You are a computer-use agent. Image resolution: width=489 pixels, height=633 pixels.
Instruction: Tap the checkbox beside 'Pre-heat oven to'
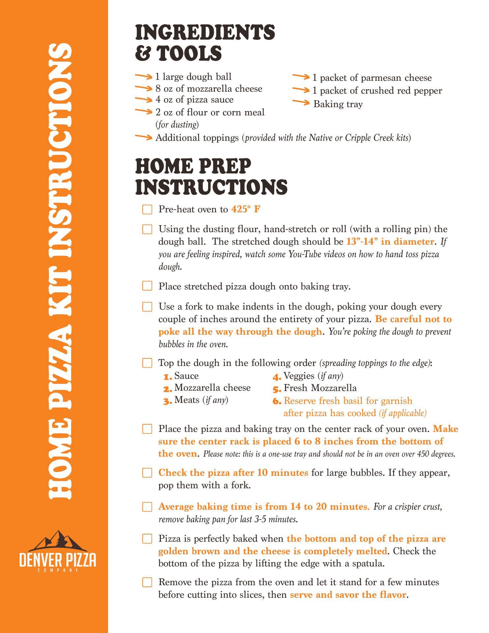[x=147, y=210]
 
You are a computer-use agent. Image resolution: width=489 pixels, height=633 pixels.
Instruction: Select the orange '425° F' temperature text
[x=246, y=209]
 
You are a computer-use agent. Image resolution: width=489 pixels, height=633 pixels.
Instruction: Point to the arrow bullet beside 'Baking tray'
[x=301, y=103]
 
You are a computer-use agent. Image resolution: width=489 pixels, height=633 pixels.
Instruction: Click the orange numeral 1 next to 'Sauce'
[x=168, y=377]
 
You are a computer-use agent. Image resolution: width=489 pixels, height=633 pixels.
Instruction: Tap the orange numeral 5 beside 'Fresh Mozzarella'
[x=277, y=389]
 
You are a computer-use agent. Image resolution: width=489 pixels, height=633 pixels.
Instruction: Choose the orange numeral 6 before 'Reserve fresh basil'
[x=277, y=402]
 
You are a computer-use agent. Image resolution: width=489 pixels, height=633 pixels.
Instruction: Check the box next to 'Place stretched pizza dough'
[x=147, y=286]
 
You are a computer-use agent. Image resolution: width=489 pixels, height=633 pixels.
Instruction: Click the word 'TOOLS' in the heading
[x=189, y=53]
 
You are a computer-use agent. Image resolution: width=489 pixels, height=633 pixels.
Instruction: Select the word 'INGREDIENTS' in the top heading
[x=205, y=33]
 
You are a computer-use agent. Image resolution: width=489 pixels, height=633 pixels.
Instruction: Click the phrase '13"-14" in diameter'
[x=390, y=242]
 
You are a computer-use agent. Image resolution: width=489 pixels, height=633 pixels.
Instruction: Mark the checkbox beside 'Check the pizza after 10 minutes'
[x=147, y=473]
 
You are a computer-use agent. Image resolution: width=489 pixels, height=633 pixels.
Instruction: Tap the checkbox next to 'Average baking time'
[x=147, y=507]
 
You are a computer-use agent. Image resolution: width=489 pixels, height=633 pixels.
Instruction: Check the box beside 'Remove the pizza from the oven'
[x=147, y=582]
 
